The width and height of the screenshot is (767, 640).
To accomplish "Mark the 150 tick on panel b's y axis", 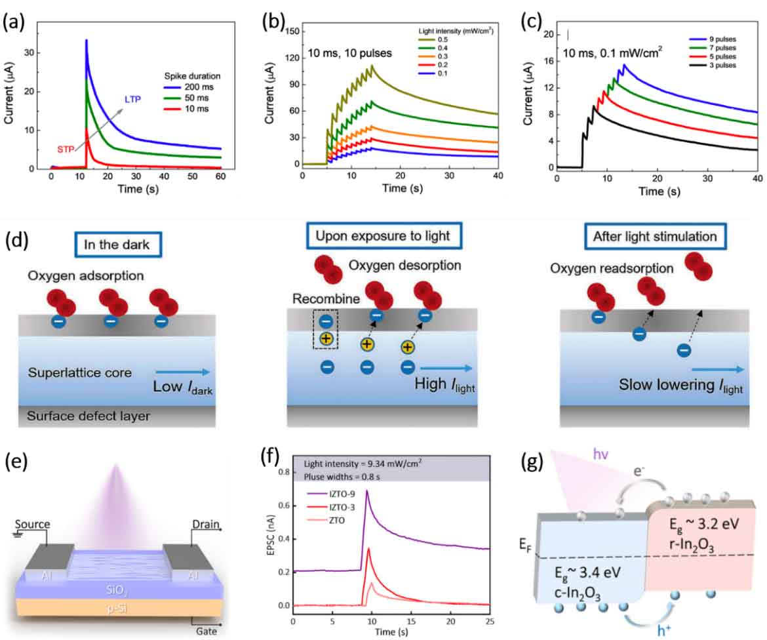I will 292,31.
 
